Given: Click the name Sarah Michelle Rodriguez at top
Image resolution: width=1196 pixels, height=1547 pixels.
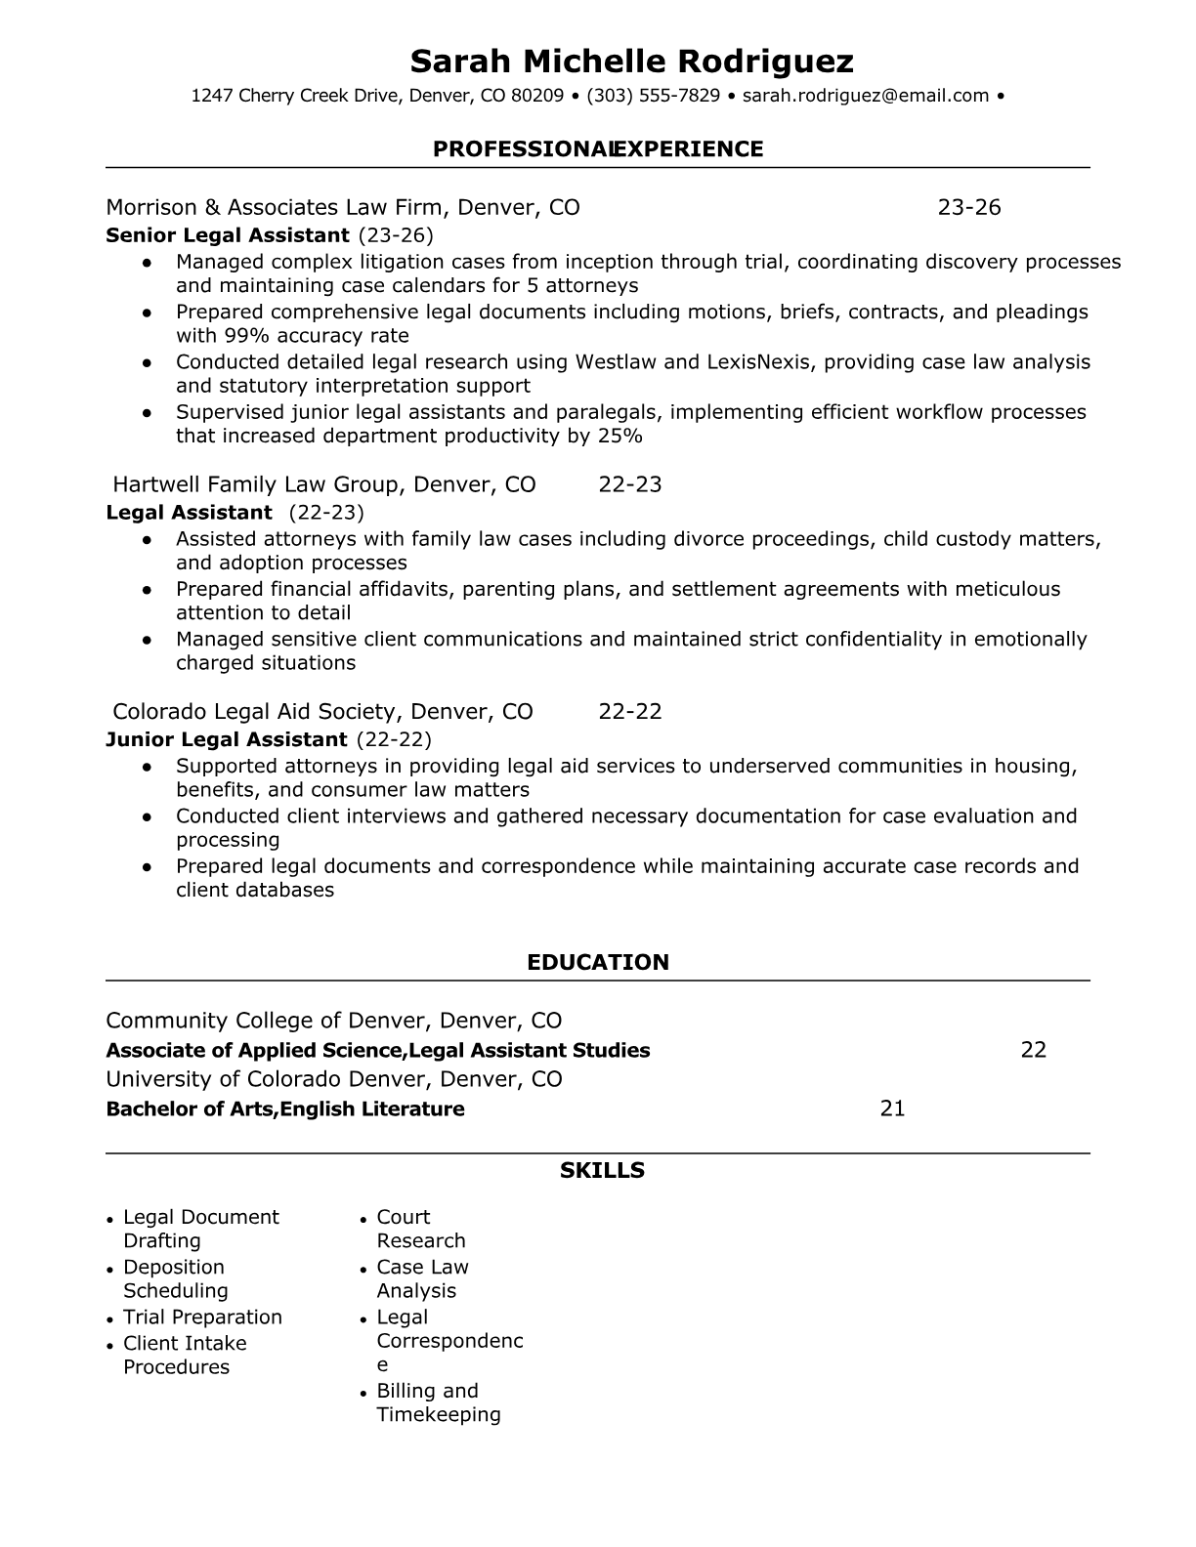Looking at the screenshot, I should (631, 62).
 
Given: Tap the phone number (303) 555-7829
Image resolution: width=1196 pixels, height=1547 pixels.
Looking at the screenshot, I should (654, 96).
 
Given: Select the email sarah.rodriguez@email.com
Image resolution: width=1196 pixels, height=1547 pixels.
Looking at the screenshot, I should (866, 96).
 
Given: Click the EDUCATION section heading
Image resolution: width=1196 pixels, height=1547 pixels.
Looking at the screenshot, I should (598, 962).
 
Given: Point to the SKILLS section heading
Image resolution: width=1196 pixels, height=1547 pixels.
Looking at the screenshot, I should (602, 1170).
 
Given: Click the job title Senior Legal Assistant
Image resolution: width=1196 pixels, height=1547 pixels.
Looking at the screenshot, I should (227, 235).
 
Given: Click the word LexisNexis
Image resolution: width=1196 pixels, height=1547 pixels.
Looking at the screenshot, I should (767, 361).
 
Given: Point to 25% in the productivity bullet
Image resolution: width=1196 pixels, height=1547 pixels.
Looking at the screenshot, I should (620, 436).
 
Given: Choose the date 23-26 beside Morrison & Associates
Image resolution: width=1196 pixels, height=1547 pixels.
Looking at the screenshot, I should (969, 207).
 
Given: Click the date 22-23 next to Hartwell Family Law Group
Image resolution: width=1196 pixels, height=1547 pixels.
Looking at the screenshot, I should (629, 484).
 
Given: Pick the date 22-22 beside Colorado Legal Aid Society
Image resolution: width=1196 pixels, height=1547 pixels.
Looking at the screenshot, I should (629, 711).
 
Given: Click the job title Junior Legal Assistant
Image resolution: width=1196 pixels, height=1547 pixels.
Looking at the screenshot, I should (226, 739).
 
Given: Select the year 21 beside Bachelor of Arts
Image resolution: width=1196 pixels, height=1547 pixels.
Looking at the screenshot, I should (892, 1108).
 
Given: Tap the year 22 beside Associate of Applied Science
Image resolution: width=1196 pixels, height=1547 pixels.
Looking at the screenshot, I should (1033, 1050).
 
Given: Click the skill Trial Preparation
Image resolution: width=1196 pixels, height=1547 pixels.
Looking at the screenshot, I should (202, 1317).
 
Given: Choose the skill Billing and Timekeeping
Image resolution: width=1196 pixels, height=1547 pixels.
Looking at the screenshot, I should (438, 1402).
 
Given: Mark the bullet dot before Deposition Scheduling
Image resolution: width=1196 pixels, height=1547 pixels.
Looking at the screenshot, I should (110, 1269).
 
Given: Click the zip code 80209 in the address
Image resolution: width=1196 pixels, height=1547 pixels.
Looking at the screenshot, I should (537, 96).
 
